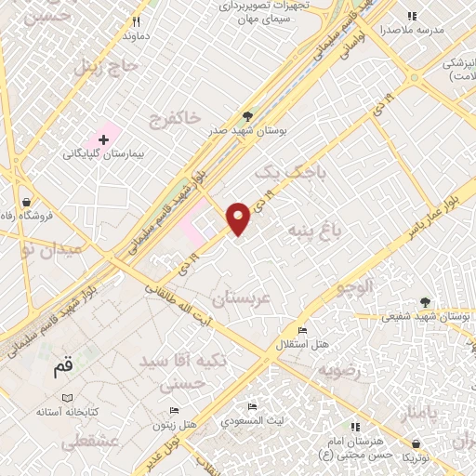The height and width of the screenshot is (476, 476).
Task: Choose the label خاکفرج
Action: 175,118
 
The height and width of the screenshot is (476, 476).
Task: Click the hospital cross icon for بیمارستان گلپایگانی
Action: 103,139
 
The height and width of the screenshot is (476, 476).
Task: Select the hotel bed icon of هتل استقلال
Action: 301,331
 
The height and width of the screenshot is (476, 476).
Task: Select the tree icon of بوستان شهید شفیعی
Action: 425,301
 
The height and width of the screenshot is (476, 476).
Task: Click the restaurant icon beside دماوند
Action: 137,21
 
